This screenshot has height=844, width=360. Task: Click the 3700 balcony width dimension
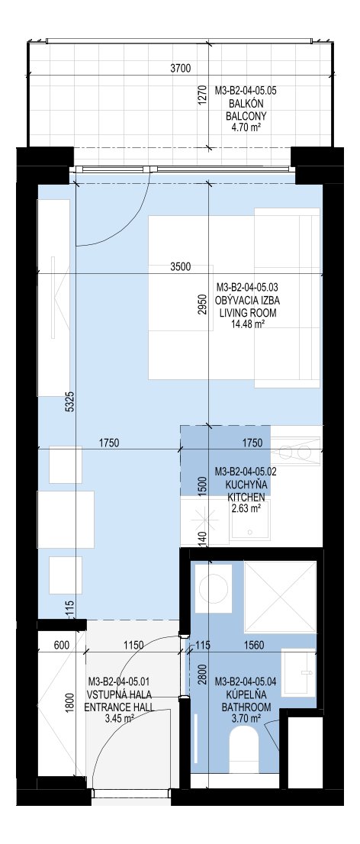coord(180,68)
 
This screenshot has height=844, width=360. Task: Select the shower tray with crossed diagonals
coord(280,597)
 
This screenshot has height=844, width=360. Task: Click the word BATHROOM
coord(246,707)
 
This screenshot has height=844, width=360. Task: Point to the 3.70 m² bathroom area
coord(246,719)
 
